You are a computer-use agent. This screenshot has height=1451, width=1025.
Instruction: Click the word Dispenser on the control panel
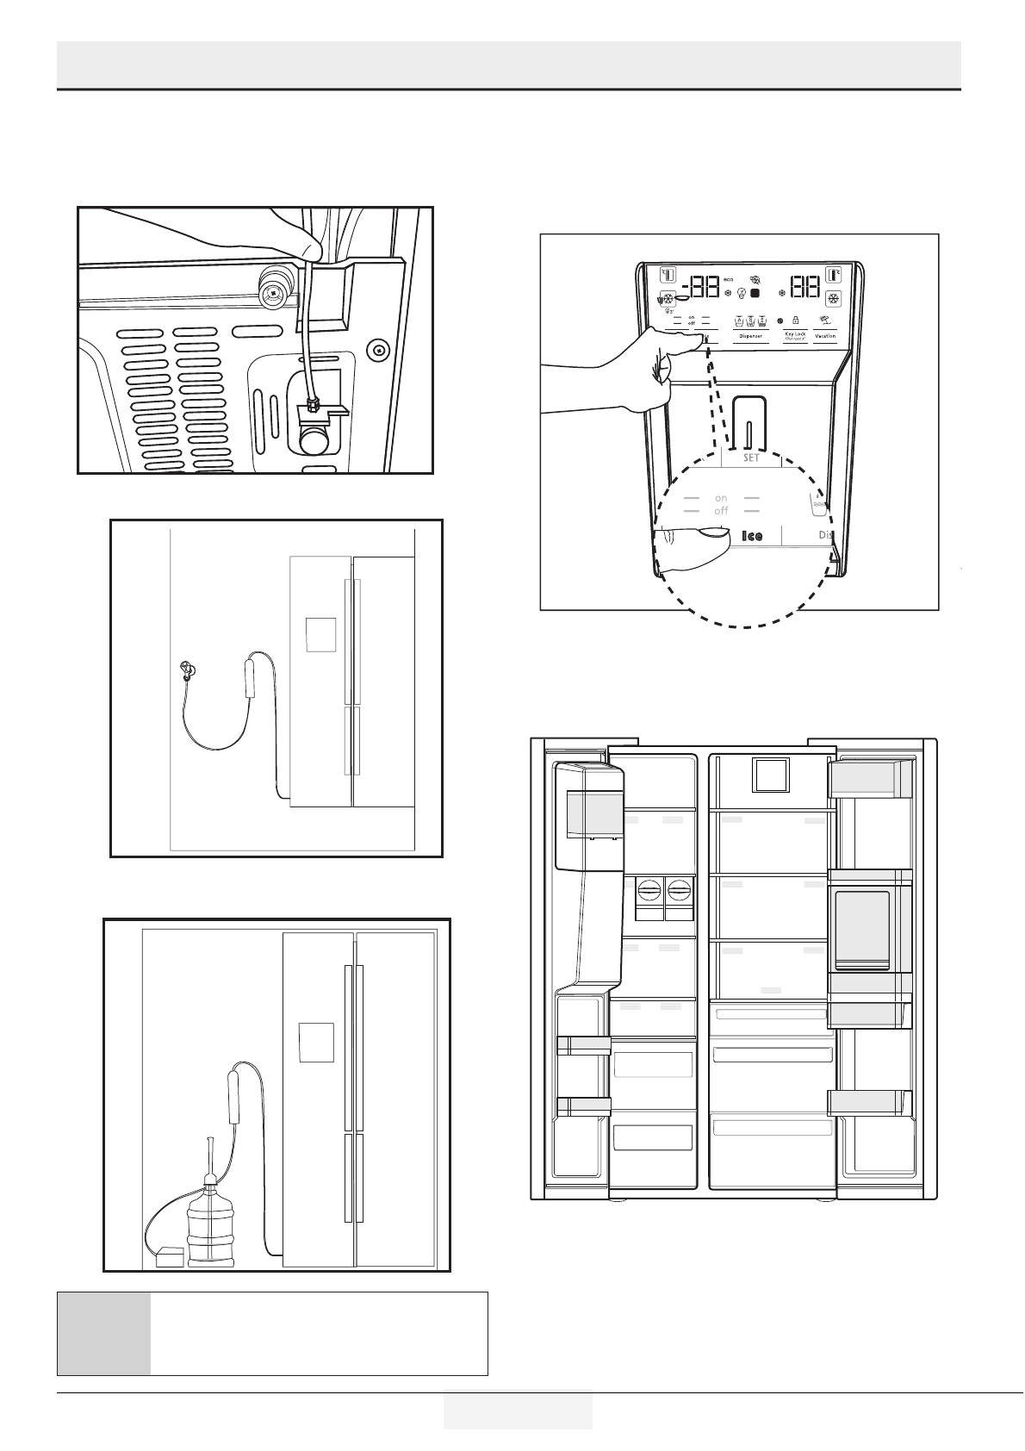tap(750, 336)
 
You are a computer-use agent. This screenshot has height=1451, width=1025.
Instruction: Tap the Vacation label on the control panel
tap(825, 336)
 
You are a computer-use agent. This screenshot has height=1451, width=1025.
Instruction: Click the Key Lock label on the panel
tap(795, 333)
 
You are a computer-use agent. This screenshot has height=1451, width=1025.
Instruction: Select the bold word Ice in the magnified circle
tap(752, 536)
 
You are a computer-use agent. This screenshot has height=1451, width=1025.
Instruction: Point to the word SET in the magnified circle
tap(751, 458)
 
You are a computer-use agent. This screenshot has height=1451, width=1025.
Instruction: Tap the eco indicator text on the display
tap(729, 279)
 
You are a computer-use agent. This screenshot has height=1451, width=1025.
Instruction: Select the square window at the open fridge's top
tap(770, 775)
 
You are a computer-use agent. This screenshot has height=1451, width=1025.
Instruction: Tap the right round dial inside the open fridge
tap(680, 891)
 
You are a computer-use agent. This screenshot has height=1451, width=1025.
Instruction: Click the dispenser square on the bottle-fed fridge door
tap(316, 1043)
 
